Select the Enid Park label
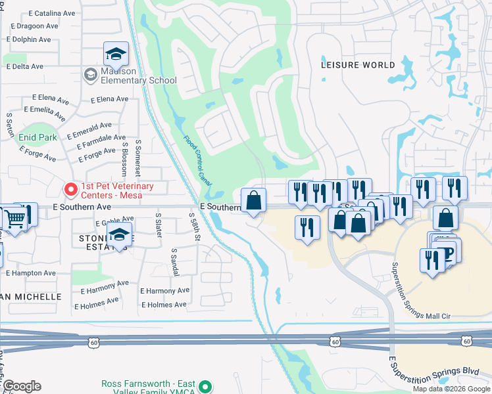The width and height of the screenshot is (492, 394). coord(37,137)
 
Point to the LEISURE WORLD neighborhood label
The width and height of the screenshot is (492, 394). coord(358,65)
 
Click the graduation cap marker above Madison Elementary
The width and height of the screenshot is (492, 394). coord(116,55)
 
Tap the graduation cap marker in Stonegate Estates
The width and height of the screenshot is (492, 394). coord(118,236)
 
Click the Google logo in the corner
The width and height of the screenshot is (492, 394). coord(22,386)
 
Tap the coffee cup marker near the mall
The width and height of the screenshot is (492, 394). coord(448,253)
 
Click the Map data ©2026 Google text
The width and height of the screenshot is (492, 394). coord(452,389)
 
